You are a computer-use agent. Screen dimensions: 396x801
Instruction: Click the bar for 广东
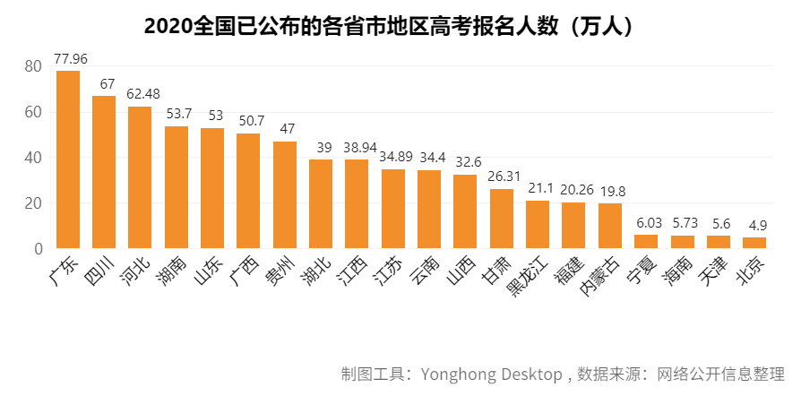pos(68,159)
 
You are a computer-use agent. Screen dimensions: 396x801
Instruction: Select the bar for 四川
pos(104,171)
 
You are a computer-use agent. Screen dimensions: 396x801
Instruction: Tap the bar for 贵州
pos(284,194)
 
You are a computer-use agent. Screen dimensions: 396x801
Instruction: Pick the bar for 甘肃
pos(501,218)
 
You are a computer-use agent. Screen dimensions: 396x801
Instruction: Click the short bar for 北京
pos(754,243)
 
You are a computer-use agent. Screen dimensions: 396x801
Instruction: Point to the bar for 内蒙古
pos(609,226)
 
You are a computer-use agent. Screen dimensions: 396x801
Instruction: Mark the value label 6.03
pos(647,223)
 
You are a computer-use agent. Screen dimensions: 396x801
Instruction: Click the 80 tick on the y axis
pos(33,66)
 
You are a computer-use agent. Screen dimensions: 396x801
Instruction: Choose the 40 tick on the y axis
pos(33,158)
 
